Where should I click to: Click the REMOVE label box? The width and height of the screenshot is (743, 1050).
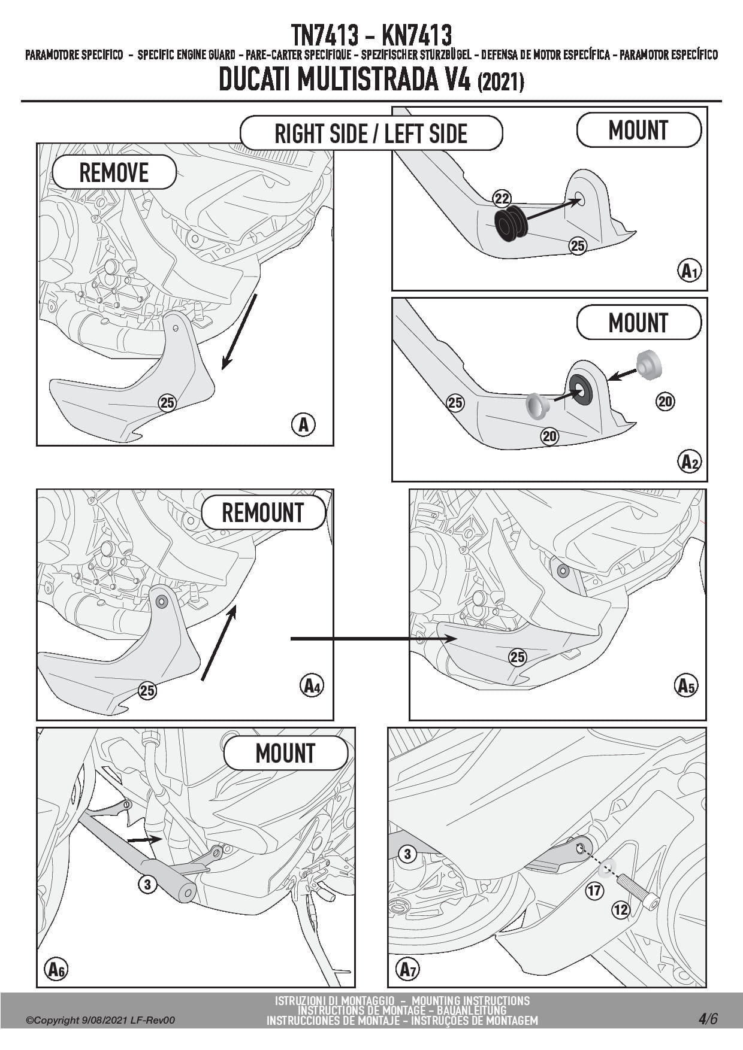114,172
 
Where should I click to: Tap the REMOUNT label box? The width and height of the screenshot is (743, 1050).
263,513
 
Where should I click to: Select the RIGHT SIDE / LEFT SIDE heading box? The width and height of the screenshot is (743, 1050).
371,133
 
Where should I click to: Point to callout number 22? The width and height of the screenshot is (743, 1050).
502,199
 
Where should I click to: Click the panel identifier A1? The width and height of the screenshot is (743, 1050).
690,271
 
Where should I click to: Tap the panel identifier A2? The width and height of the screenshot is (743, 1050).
690,462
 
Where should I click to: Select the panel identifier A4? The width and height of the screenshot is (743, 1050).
311,685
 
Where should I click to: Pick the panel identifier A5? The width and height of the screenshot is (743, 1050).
685,685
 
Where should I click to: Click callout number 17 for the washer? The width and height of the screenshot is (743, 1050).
594,891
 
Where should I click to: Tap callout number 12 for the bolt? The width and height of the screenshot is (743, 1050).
621,910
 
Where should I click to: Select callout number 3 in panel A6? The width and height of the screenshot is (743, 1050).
147,884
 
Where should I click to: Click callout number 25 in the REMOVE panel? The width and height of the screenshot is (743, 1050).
167,403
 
